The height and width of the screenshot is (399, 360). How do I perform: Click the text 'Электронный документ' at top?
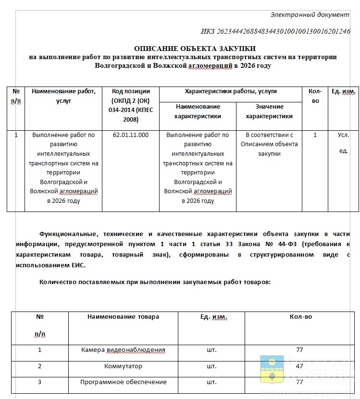(310, 14)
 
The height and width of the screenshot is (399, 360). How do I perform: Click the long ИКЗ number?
(275, 32)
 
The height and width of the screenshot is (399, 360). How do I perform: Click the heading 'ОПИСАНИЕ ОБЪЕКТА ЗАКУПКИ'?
(195, 48)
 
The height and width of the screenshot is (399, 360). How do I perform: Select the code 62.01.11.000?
(130, 135)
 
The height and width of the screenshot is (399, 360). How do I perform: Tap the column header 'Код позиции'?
(130, 91)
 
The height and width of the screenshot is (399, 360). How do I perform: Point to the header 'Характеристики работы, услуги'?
(230, 91)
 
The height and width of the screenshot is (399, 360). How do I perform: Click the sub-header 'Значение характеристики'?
(269, 112)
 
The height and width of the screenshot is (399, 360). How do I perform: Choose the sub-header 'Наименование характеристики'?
(198, 112)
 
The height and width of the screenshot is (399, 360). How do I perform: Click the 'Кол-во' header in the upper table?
(315, 96)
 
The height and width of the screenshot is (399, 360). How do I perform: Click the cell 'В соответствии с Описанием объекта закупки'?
(269, 144)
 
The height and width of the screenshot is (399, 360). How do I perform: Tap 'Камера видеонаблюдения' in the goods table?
(123, 350)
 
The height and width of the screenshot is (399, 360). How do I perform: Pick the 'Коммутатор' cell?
(123, 366)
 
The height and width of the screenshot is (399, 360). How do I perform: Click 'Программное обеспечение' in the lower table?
(123, 382)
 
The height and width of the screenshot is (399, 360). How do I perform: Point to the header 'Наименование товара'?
(123, 317)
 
